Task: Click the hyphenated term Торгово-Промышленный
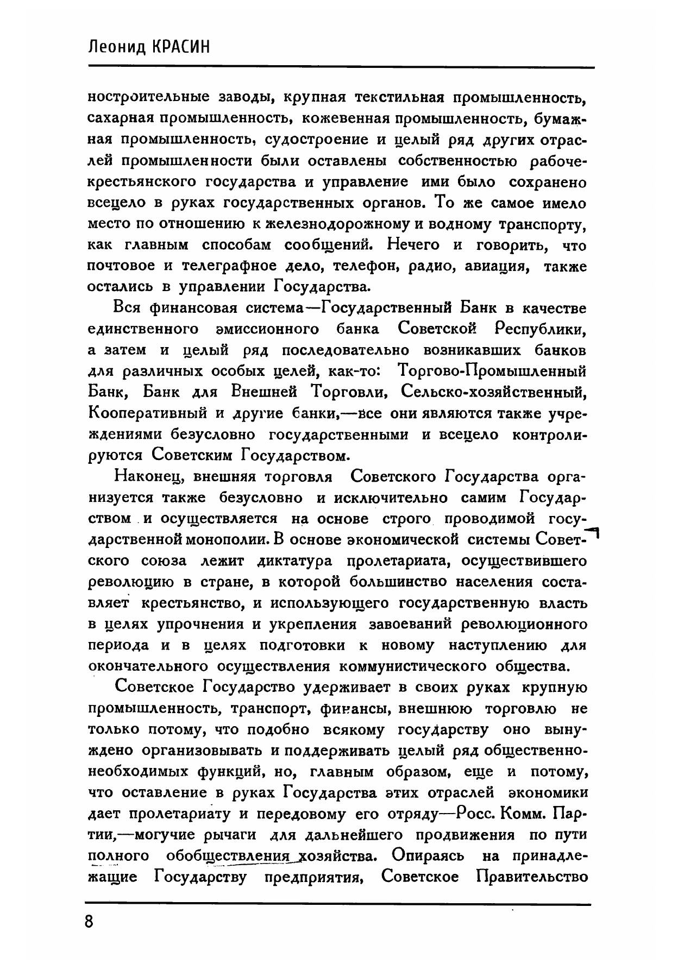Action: pyautogui.click(x=492, y=372)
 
